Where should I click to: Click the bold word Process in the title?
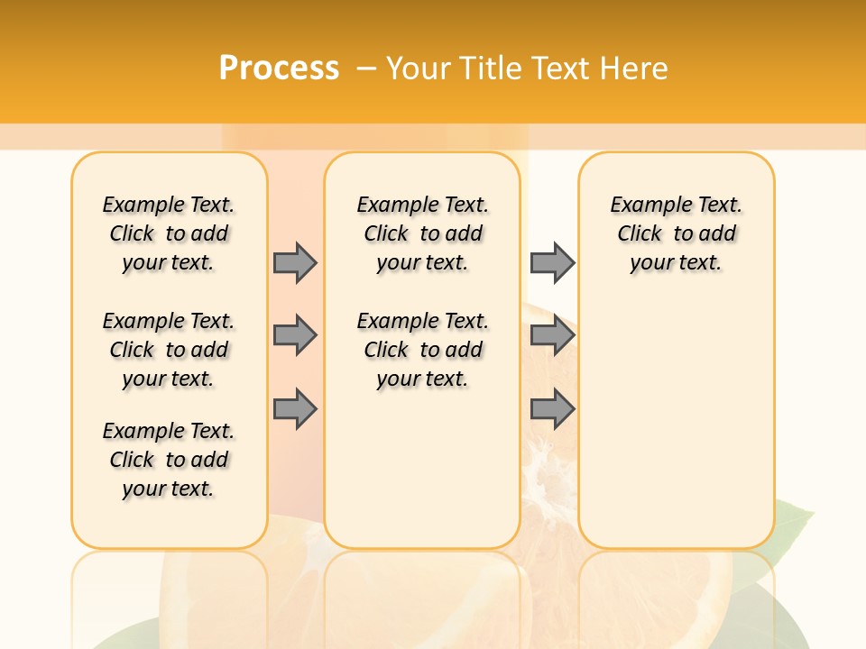coord(279,68)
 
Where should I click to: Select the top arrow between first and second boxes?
coord(295,262)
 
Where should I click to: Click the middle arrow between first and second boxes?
coord(295,336)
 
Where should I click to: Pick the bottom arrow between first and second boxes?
coord(295,409)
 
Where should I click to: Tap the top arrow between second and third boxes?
coord(552,262)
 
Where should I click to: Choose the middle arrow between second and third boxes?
coord(552,336)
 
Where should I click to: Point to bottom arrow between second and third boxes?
coord(552,409)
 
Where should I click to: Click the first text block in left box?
coord(169,233)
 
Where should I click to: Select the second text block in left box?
coord(169,350)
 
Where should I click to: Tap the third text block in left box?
coord(169,460)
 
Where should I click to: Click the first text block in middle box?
coord(423,233)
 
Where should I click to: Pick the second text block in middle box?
coord(423,350)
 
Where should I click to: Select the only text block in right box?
coord(677,233)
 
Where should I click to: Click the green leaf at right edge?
coord(794,523)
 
